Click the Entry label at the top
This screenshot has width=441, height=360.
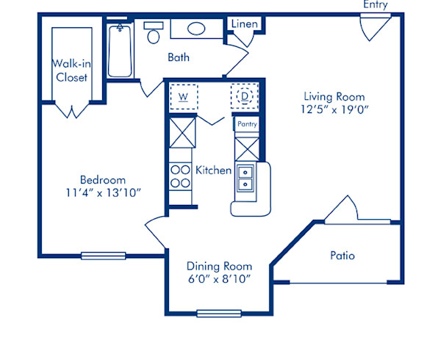pos(374,5)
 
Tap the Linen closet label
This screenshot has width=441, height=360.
pos(245,24)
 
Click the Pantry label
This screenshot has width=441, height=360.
pos(246,124)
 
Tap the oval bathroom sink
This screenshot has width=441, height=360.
pos(196,29)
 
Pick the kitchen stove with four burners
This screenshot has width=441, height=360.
pos(179,176)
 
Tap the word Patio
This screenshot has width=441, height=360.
pos(343,256)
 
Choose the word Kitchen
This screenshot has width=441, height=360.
pos(214,170)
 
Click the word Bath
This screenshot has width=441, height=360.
pos(179,57)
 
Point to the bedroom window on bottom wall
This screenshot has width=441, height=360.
pos(103,256)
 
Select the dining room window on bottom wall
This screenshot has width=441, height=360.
pos(218,314)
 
